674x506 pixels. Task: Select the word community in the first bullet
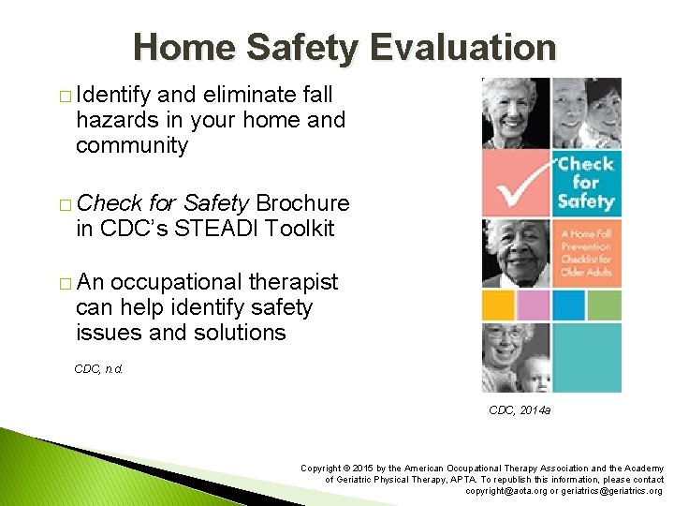tap(132, 146)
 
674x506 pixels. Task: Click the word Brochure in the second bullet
tap(302, 203)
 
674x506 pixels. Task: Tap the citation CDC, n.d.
tap(98, 369)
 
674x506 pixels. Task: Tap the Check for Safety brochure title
tap(585, 182)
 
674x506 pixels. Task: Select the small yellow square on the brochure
tap(495, 305)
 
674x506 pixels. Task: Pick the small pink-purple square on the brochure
tap(533, 305)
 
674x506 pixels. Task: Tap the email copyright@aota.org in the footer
tap(510, 491)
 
